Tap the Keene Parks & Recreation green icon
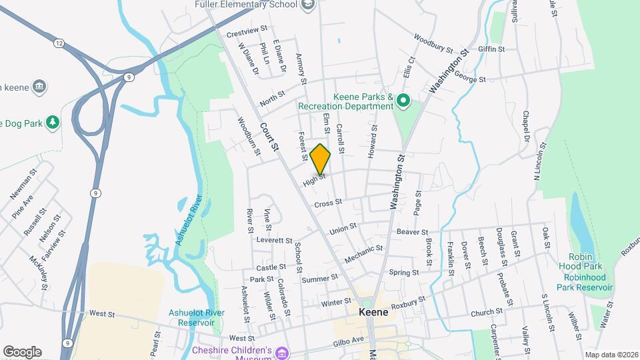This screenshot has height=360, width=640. (403, 101)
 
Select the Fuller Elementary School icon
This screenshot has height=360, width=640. (307, 5)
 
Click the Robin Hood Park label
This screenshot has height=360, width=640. (587, 258)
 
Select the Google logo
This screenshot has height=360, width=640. (22, 351)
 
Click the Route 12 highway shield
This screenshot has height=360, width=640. (59, 43)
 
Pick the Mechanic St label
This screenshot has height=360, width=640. (364, 253)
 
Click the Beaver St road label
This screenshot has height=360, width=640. (411, 231)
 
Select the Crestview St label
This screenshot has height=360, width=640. (247, 31)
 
